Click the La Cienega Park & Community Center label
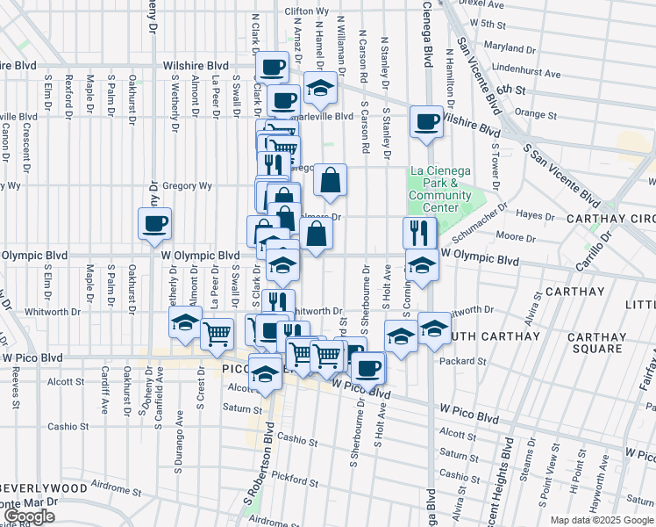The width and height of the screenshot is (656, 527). pyautogui.click(x=439, y=189)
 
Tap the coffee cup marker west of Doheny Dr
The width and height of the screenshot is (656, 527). pyautogui.click(x=154, y=223)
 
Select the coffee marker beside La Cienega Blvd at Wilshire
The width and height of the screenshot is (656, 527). pyautogui.click(x=426, y=121)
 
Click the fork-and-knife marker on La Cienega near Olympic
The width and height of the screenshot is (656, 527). pyautogui.click(x=420, y=232)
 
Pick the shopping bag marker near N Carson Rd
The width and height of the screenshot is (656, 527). pyautogui.click(x=330, y=180)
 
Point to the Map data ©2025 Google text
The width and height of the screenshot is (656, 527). pyautogui.click(x=601, y=520)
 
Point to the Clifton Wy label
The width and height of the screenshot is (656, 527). pyautogui.click(x=306, y=11)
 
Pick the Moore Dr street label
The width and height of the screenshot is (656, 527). pyautogui.click(x=510, y=237)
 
